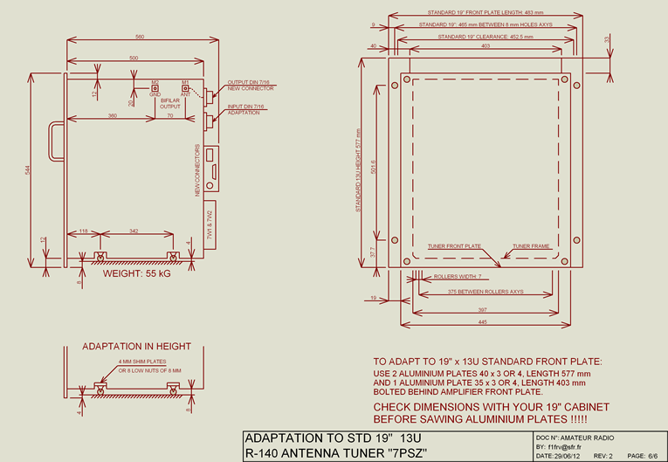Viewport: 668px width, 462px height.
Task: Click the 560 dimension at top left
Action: coord(140,37)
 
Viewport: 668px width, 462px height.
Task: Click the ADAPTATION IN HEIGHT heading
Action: coord(136,347)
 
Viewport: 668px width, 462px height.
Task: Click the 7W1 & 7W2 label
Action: coord(210,225)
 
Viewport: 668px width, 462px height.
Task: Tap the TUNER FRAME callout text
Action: coord(531,246)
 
